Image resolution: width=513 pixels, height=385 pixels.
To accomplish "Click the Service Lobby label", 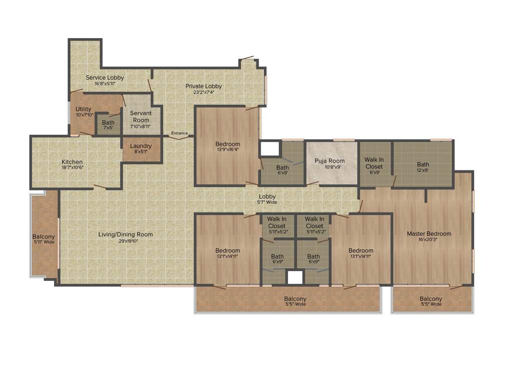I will coord(105,78).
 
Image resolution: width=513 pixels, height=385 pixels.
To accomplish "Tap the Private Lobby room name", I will coord(203,86).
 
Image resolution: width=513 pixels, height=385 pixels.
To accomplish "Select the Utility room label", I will coord(84,109).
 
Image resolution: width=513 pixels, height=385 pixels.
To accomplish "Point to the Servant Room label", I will coord(140,117).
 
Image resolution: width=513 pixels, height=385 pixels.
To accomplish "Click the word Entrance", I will coord(179,133).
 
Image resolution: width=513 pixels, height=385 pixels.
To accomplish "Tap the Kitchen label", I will coord(72,162).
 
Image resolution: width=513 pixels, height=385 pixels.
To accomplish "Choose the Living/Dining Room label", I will coord(125,234).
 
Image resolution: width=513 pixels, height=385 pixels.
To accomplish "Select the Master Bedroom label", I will coord(429,234).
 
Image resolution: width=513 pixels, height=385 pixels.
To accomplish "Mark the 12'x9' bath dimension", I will coord(423,170).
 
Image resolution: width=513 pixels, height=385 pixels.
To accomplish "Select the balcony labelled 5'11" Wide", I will coord(44,239).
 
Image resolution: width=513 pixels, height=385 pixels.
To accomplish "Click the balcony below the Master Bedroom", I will coord(431,301).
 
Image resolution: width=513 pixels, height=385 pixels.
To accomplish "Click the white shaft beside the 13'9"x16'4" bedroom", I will coord(270,148).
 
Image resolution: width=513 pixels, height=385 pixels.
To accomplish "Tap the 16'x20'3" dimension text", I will coord(429,240).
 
